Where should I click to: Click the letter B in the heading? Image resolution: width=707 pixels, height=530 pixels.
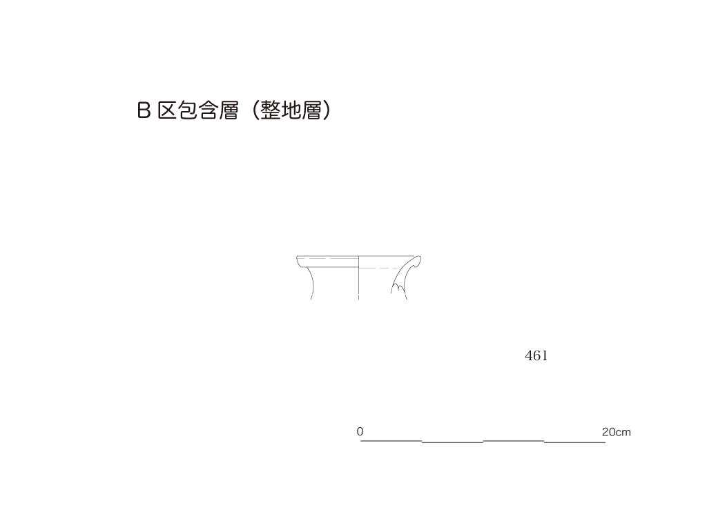tap(144, 110)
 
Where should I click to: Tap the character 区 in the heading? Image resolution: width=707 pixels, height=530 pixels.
tap(167, 110)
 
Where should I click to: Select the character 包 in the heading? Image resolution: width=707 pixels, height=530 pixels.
tap(188, 110)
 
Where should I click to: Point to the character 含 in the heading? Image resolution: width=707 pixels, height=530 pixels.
tap(209, 110)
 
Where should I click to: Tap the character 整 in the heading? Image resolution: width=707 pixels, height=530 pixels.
tap(271, 110)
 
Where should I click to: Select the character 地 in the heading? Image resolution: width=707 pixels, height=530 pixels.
tap(291, 110)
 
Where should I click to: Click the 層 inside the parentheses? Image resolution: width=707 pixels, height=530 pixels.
tap(312, 110)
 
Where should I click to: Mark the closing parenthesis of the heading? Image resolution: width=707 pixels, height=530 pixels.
tap(327, 110)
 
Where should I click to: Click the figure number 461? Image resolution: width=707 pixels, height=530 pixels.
tap(536, 356)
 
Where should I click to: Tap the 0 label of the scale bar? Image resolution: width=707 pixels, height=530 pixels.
tap(360, 431)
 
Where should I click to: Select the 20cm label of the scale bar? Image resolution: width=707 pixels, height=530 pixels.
tap(616, 432)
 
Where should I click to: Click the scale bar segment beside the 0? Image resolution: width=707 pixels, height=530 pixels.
tap(391, 440)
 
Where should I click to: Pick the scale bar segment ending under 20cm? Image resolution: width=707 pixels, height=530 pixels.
tap(575, 442)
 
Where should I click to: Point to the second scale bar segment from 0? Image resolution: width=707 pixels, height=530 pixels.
tap(453, 442)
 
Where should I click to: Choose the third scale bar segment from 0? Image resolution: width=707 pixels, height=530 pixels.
tap(514, 440)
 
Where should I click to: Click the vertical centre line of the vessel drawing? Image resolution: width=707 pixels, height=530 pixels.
tap(358, 277)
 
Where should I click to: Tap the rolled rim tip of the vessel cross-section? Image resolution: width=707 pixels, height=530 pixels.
tap(418, 259)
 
